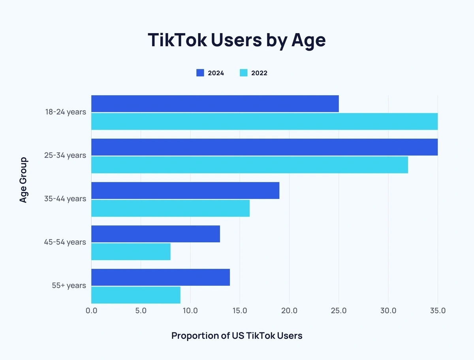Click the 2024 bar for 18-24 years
(x=215, y=103)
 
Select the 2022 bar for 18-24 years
(x=264, y=121)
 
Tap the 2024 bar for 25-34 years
(x=264, y=147)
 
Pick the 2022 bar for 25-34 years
(x=250, y=165)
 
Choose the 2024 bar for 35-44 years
(x=185, y=190)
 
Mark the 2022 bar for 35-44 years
(x=170, y=208)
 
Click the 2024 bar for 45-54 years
(x=156, y=234)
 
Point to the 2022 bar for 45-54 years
(x=131, y=251)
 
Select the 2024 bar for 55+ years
(x=160, y=277)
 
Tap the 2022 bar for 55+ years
(x=136, y=295)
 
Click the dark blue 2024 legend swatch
(x=200, y=73)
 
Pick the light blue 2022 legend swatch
(x=244, y=73)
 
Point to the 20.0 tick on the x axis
(x=289, y=311)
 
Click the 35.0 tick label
(x=438, y=311)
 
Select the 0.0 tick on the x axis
(x=91, y=311)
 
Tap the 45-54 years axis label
(x=65, y=242)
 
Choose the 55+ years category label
(x=69, y=285)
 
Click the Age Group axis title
(x=24, y=180)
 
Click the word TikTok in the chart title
(x=176, y=40)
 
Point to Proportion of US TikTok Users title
(x=237, y=336)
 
